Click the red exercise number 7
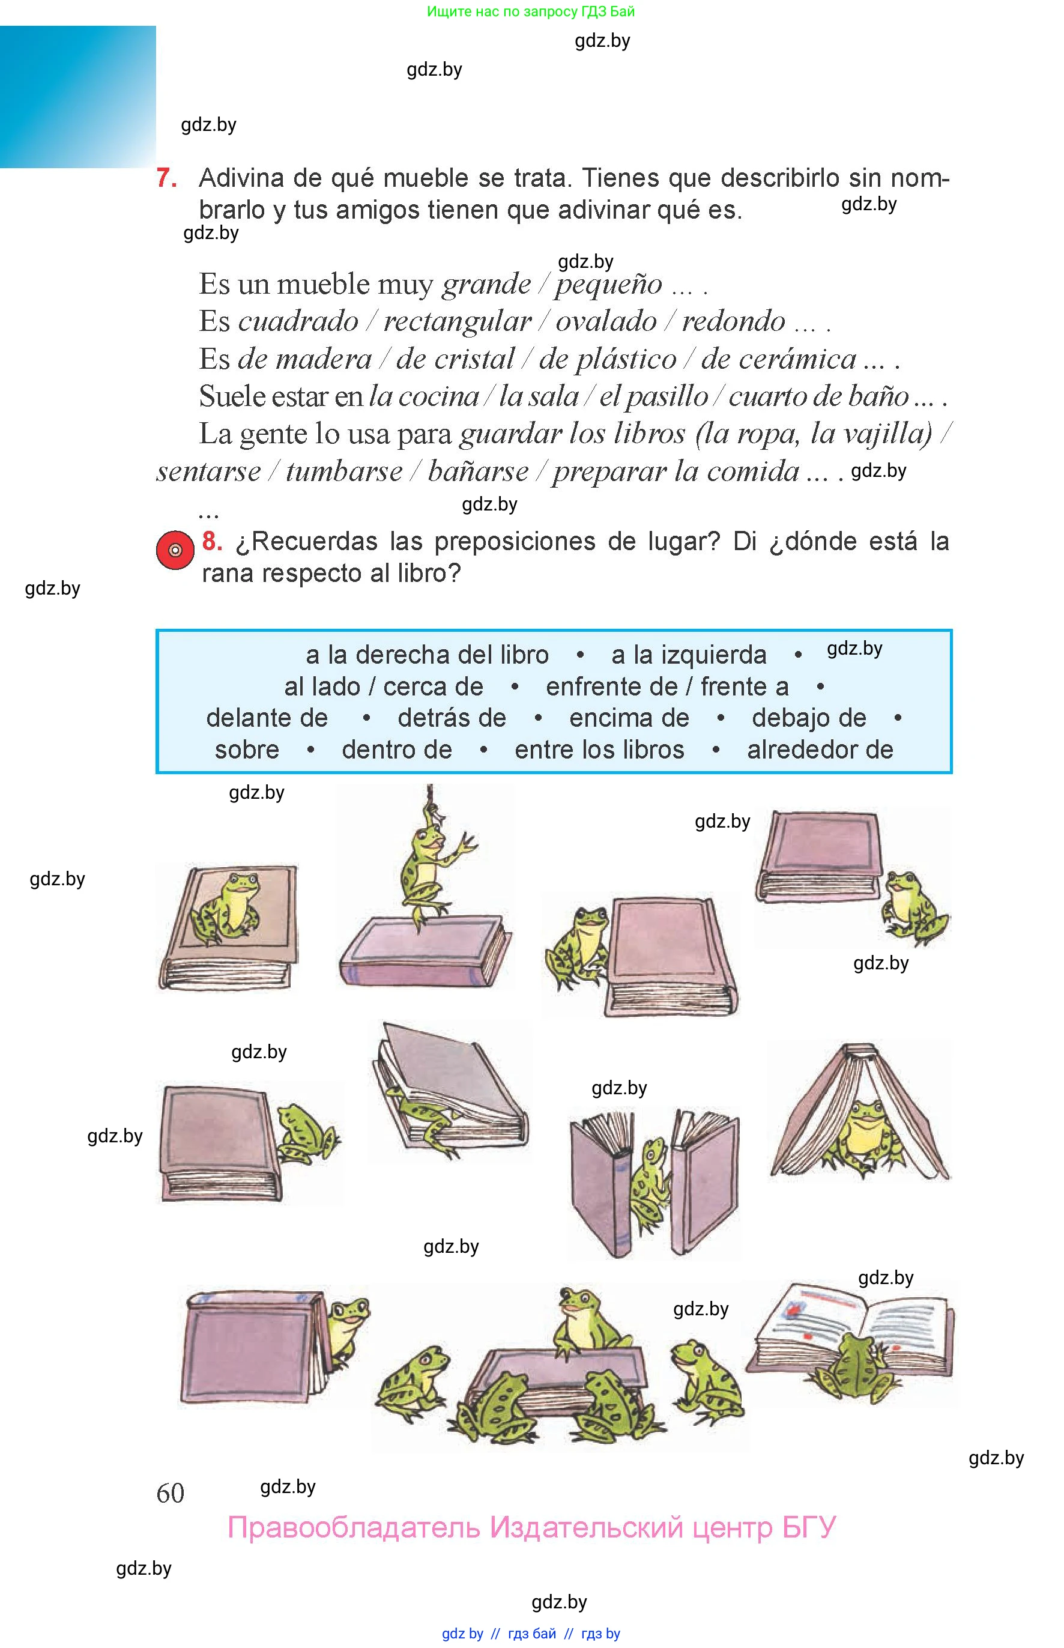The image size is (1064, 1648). [x=166, y=178]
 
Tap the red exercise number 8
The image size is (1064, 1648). [x=212, y=541]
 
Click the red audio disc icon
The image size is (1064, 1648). [x=175, y=550]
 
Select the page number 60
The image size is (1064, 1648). [x=171, y=1492]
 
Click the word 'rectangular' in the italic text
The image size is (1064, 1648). [x=458, y=321]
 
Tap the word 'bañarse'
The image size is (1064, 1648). [x=478, y=471]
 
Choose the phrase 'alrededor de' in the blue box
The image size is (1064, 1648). [x=820, y=750]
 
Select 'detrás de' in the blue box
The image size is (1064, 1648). [x=452, y=718]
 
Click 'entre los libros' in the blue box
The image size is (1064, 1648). [x=600, y=750]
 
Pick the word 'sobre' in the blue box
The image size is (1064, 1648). [x=247, y=750]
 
